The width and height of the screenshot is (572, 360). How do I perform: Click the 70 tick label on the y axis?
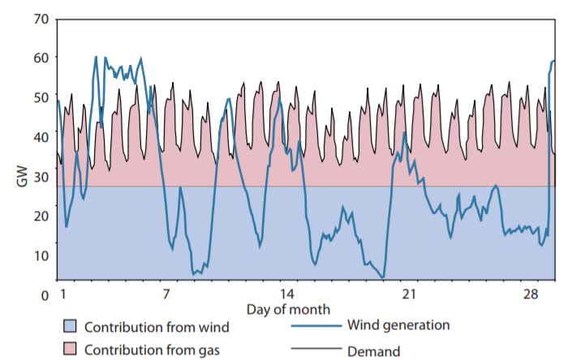41,18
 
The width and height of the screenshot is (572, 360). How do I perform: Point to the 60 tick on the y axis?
41,58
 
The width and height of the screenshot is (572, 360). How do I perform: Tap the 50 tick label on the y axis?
41,97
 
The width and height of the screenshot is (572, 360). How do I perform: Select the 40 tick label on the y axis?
41,137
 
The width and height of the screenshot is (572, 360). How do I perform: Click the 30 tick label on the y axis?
41,176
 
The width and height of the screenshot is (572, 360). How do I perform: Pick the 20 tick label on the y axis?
41,216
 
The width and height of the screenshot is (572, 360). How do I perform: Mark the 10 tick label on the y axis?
41,255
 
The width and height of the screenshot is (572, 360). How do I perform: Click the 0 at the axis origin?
46,295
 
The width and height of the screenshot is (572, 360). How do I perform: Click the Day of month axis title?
288,309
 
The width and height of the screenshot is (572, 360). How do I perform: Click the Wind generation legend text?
398,325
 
